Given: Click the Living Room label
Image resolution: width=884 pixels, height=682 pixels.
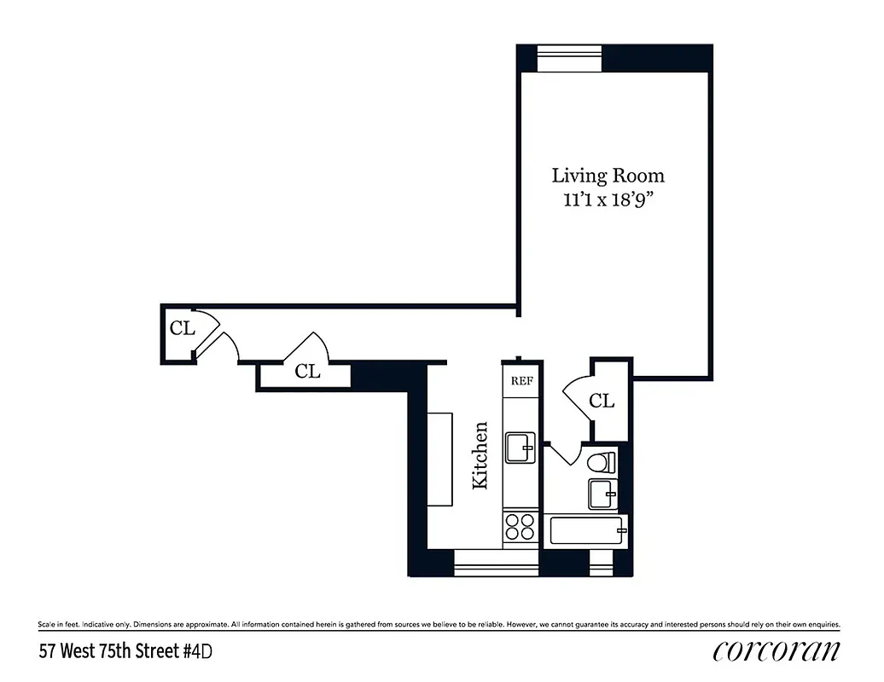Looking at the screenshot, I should tap(608, 176).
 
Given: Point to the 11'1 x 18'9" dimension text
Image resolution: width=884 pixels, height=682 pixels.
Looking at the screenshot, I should tap(608, 203).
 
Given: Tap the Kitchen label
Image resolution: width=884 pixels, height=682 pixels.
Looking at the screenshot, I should tap(480, 455).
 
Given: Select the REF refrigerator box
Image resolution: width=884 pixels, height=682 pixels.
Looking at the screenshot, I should tap(521, 381).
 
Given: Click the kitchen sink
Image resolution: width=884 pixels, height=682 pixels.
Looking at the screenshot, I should tap(521, 446).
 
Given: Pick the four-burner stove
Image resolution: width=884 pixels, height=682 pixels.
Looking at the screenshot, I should tap(521, 527).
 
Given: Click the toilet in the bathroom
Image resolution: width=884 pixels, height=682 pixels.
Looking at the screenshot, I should tap(601, 463).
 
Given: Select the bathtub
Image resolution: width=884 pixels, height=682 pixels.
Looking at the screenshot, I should tap(586, 530).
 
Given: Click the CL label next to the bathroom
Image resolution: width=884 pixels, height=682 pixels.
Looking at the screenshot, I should tap(602, 401).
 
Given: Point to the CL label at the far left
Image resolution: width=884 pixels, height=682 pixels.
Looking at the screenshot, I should tap(182, 328).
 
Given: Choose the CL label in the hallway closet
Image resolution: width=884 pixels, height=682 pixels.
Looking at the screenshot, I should tap(307, 372).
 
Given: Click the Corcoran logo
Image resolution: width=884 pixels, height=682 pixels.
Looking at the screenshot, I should tap(776, 650).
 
